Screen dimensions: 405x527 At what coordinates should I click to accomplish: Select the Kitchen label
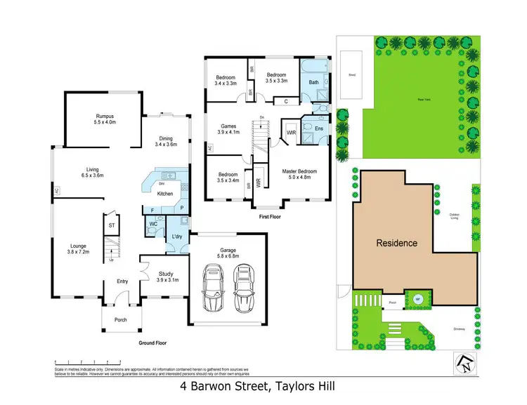164,193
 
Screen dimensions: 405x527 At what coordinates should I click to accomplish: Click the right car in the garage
243,288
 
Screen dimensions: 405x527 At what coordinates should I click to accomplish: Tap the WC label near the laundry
152,225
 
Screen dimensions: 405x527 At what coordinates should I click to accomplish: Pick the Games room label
228,128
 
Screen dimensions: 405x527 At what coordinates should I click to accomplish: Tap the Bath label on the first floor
314,82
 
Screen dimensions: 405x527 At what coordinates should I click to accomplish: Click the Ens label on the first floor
319,128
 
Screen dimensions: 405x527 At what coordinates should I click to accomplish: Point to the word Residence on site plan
398,243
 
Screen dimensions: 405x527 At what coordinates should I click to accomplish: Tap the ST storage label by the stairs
111,225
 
